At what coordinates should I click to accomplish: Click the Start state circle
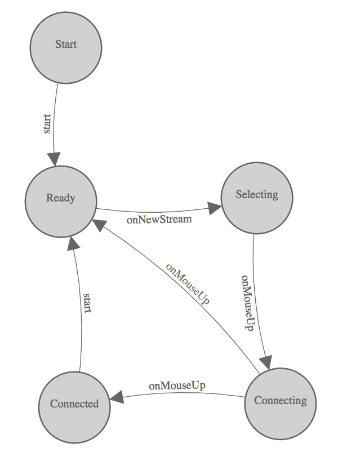pos(66,48)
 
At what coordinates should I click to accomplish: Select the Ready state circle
pos(61,201)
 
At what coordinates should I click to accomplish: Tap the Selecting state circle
pos(257,198)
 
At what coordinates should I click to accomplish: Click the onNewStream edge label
pos(159,219)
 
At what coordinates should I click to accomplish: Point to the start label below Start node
pos(47,124)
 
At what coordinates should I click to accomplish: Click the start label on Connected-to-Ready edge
pos(87,302)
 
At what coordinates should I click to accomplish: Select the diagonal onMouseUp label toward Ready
pos(188,284)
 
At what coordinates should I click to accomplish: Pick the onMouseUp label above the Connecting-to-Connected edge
pos(177,386)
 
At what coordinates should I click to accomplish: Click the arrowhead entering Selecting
pos(214,208)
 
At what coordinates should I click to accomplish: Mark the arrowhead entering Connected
pos(117,397)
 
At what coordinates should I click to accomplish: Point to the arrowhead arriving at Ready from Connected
pos(74,243)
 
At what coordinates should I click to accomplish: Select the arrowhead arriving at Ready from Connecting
pos(99,226)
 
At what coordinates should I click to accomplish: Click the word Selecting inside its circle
pos(257,195)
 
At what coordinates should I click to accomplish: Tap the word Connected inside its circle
pos(74,404)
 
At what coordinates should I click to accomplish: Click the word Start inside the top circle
pos(66,44)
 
